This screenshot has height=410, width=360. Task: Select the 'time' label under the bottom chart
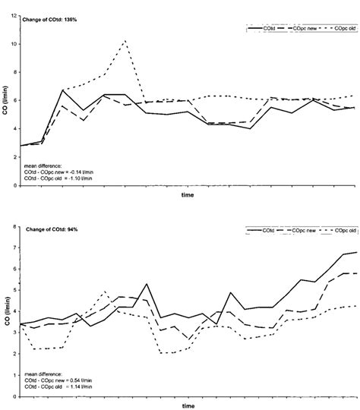pos(187,403)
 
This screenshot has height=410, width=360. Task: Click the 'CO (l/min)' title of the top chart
pos(5,106)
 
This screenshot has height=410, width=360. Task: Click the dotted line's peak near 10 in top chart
pos(125,41)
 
